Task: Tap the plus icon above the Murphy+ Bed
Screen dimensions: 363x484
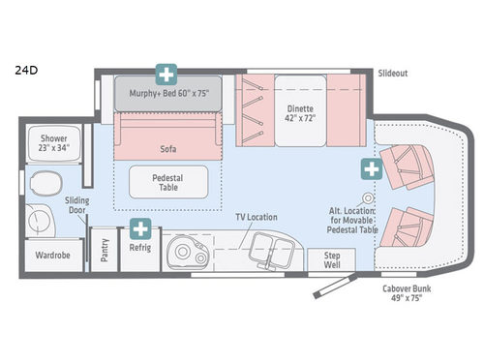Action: click(167, 75)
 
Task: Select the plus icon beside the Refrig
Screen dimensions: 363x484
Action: click(140, 230)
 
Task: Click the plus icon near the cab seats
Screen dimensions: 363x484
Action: click(370, 170)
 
